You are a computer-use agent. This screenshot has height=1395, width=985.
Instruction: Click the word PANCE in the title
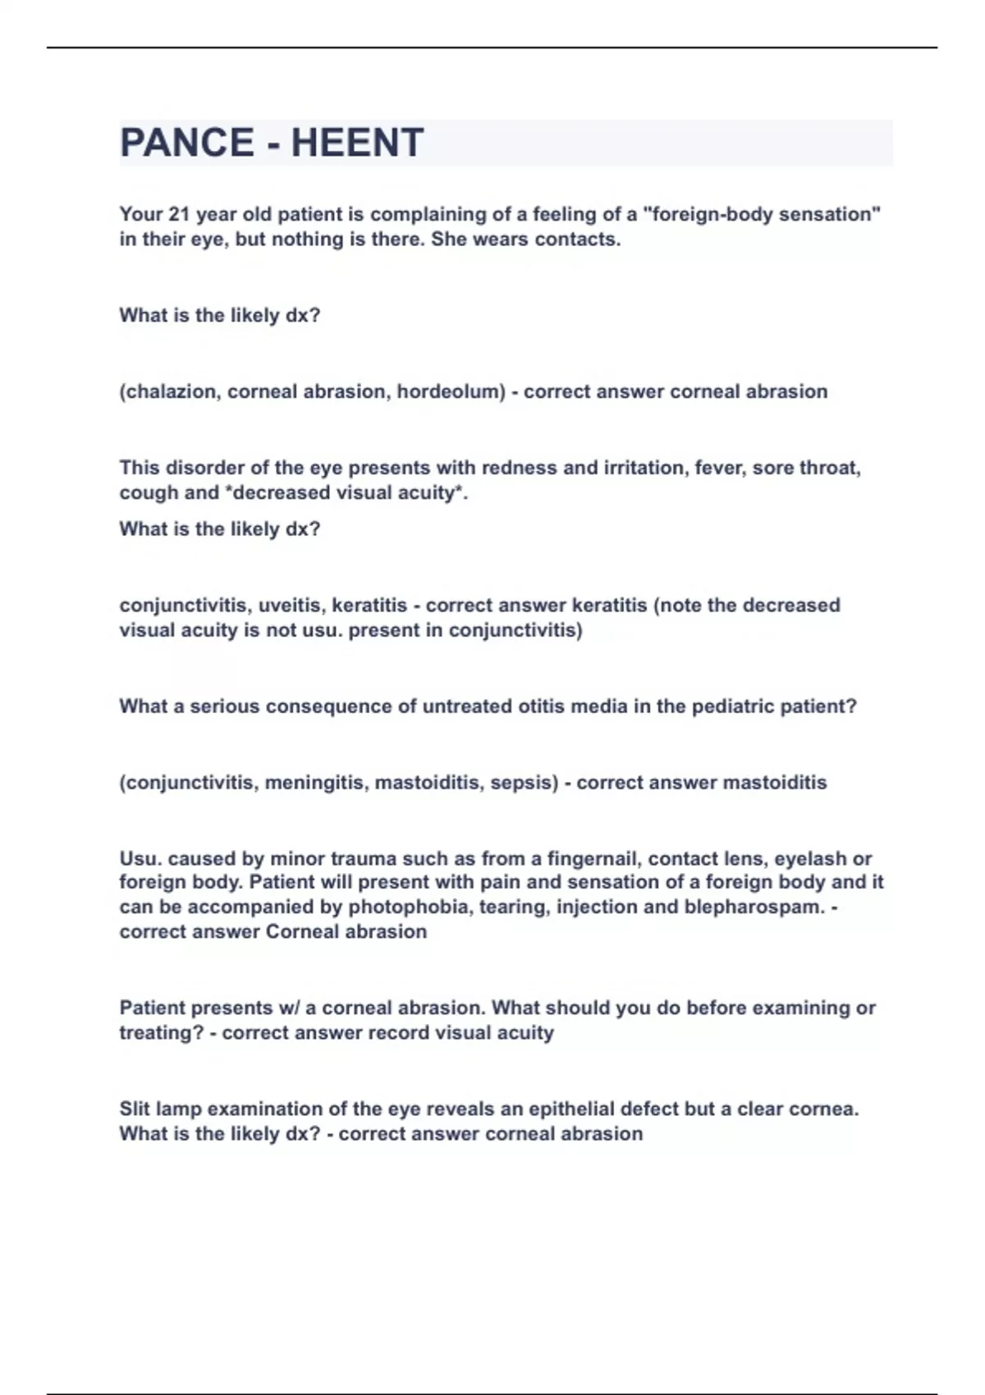pyautogui.click(x=186, y=143)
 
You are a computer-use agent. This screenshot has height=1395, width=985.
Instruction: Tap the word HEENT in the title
pyautogui.click(x=357, y=143)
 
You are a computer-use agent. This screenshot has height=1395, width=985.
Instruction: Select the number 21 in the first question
pyautogui.click(x=179, y=214)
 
